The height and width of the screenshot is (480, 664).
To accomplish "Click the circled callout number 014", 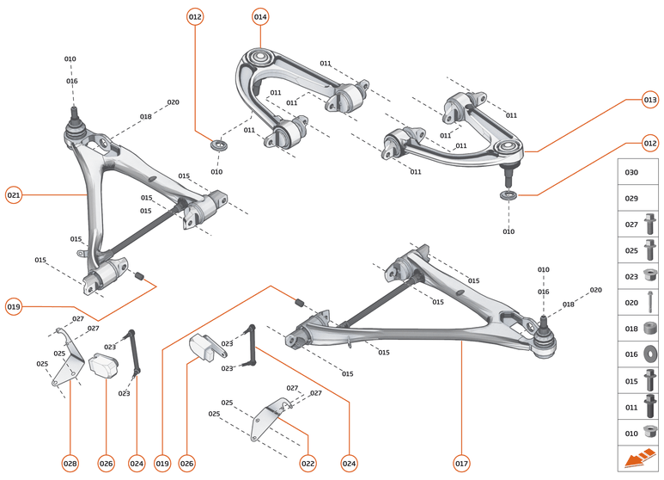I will click(x=260, y=16).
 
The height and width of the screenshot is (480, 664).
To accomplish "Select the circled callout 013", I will click(x=649, y=101).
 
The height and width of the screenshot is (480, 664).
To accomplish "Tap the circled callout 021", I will click(x=14, y=195).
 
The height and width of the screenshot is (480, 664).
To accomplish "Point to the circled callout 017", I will click(x=461, y=464).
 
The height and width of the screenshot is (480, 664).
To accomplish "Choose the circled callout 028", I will click(x=70, y=464).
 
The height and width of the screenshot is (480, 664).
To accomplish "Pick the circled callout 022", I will click(x=308, y=464).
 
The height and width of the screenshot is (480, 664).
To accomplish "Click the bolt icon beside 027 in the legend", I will click(x=650, y=225).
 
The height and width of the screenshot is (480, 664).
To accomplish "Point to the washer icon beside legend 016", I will click(x=650, y=354).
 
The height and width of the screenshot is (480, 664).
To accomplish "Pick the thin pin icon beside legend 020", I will click(x=650, y=302).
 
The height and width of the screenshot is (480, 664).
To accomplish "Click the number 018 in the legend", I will click(x=631, y=328).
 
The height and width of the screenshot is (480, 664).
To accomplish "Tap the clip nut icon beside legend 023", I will click(x=650, y=276).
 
